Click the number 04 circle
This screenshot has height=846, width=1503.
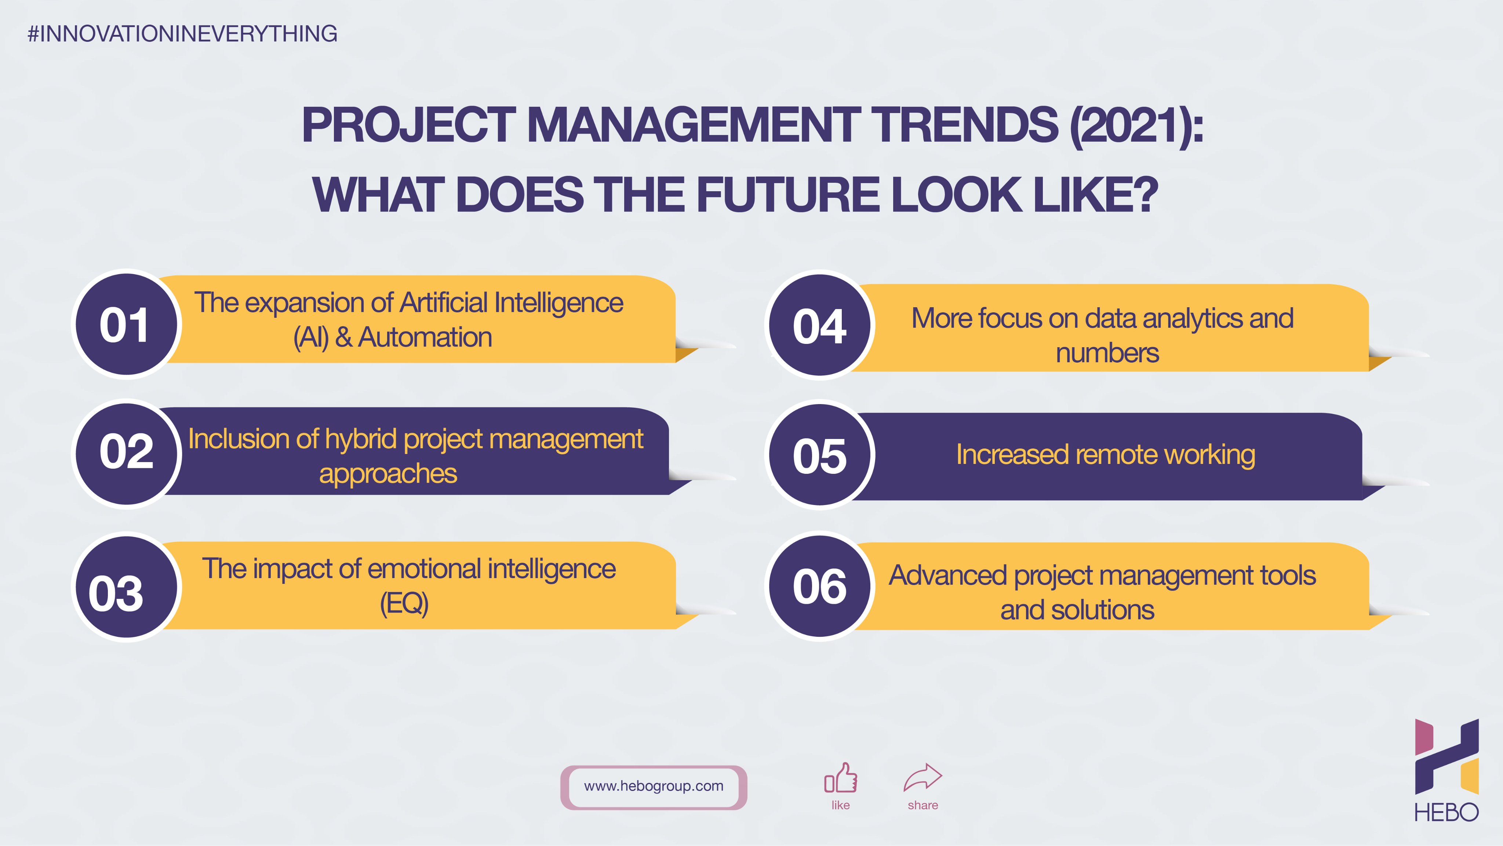[820, 325]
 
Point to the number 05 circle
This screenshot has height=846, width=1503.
[820, 454]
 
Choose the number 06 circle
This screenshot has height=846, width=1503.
[820, 586]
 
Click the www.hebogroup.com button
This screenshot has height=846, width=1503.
[654, 787]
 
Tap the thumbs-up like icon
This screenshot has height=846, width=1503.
[841, 778]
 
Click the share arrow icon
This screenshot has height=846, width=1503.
[923, 778]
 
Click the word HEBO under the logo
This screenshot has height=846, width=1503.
[1447, 812]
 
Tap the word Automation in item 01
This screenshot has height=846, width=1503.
[425, 337]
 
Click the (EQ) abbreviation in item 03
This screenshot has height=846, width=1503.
[404, 603]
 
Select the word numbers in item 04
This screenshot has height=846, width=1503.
[1107, 353]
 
